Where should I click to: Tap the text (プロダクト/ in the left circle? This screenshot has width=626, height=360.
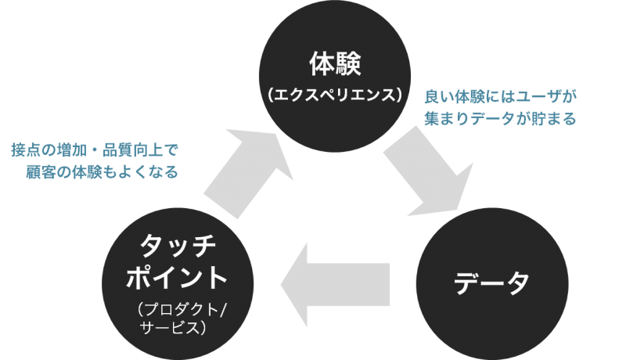(179, 308)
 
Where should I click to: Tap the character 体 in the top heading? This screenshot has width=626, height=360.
(318, 61)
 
